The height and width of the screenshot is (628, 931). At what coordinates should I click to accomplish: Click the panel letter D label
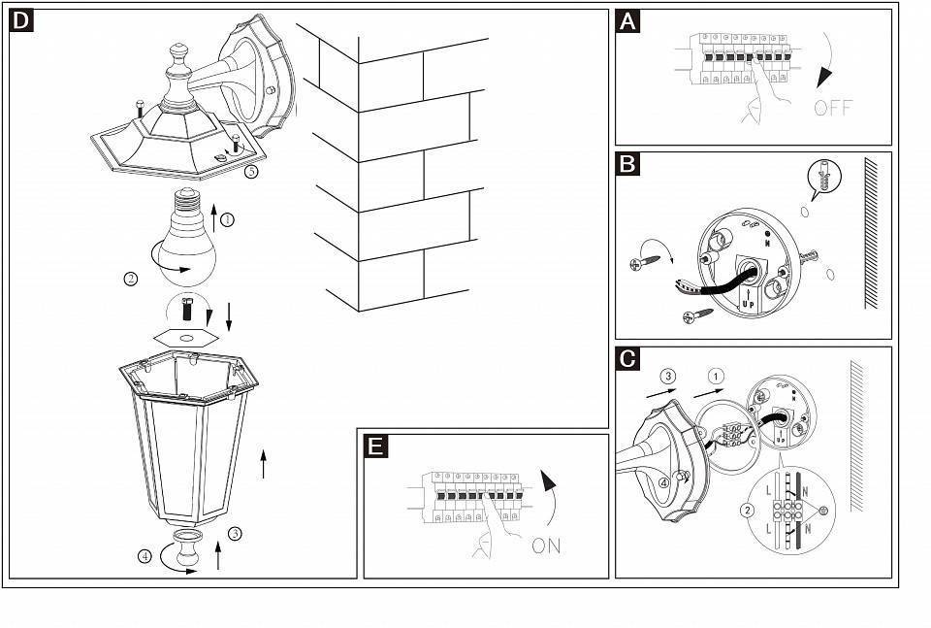(x=21, y=20)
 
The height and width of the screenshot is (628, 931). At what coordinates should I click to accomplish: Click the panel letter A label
(x=628, y=20)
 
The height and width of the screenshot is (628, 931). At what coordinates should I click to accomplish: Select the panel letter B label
(x=628, y=163)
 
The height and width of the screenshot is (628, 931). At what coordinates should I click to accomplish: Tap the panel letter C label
(x=628, y=358)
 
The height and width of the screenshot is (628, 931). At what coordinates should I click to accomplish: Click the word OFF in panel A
(x=833, y=108)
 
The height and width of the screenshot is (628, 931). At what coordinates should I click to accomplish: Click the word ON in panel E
(x=546, y=545)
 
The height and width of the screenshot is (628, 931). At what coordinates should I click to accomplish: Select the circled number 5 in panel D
(x=251, y=172)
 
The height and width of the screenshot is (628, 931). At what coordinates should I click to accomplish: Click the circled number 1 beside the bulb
(x=227, y=220)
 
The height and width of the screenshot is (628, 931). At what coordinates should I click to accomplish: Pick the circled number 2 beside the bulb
(x=131, y=280)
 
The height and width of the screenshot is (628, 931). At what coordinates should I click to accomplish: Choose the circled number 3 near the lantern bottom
(x=235, y=533)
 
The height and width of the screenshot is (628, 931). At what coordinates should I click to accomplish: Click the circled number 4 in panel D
(x=144, y=556)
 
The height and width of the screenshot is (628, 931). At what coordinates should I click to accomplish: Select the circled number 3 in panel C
(x=667, y=376)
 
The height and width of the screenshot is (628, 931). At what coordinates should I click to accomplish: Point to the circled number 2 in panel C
(x=747, y=510)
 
